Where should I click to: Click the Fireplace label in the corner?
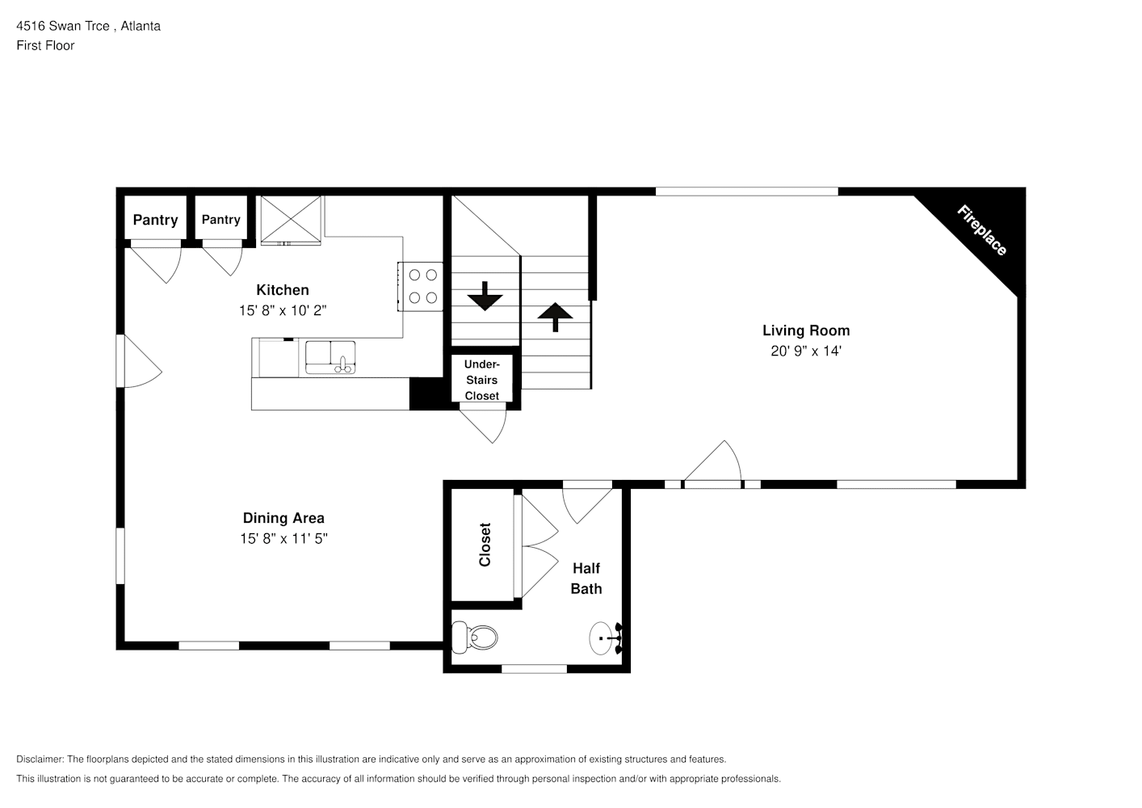pos(981,230)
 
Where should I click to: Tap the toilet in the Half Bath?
pos(474,638)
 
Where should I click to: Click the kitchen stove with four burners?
pos(421,286)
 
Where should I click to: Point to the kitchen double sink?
pos(330,357)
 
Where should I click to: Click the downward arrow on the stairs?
pos(485,296)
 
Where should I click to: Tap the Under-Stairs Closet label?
pos(482,380)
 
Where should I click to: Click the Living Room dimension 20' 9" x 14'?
pos(805,351)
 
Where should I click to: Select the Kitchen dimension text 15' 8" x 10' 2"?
pos(283,310)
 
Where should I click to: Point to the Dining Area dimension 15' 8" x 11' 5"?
pos(284,538)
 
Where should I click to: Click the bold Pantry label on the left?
pos(156,220)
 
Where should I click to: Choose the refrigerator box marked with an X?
pos(291,219)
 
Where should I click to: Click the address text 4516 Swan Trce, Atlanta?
pos(88,26)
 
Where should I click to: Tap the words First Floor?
pos(45,45)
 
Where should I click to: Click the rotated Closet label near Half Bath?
pos(485,545)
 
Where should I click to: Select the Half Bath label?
pos(586,579)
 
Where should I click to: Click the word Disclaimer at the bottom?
pos(40,759)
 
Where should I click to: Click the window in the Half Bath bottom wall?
pos(535,669)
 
